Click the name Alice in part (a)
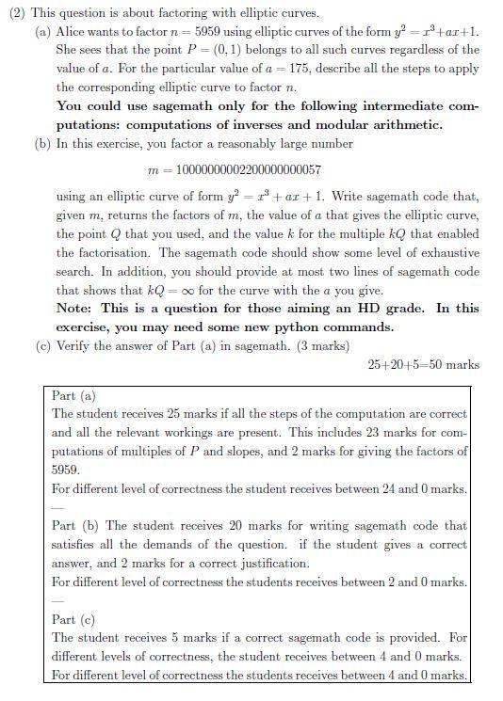click(73, 30)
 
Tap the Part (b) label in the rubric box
click(75, 525)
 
